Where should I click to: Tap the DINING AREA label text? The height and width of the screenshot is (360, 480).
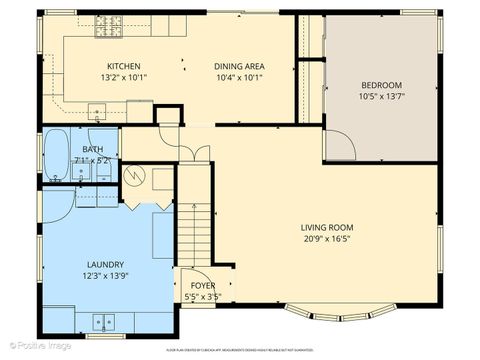point(237,66)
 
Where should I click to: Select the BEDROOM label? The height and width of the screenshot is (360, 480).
point(380,86)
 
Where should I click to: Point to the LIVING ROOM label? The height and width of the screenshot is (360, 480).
point(325,226)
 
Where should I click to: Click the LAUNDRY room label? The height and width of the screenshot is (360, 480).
point(106,264)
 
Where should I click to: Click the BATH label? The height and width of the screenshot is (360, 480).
point(92,149)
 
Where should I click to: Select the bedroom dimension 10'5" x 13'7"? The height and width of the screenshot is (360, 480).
point(380,97)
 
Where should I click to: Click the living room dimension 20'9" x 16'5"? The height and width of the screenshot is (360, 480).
point(325,238)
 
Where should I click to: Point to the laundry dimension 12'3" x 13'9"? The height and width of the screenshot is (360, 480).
point(106,276)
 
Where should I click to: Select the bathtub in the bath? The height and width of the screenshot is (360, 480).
point(56,155)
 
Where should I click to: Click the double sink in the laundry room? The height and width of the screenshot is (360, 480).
point(102,321)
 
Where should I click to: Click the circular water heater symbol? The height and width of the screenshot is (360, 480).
point(161,180)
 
